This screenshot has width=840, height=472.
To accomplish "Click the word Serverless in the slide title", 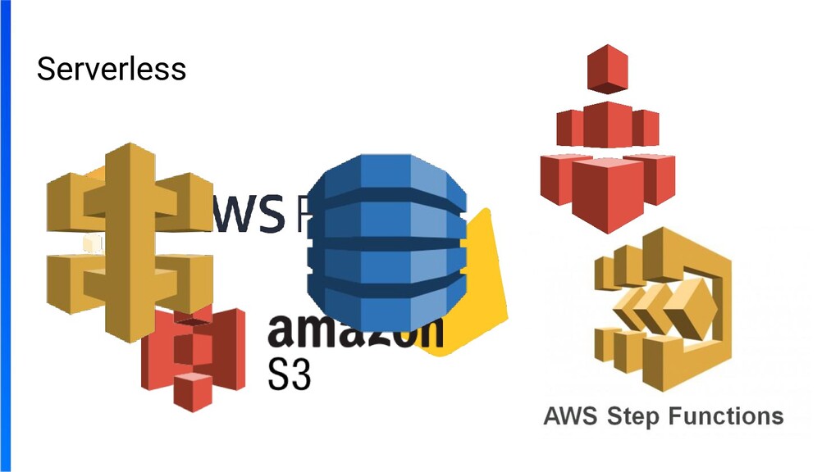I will (112, 69).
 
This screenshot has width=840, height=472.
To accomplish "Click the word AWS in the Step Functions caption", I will (569, 415).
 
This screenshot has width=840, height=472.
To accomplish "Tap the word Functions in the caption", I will (726, 415).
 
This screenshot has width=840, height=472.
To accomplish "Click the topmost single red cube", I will (608, 70).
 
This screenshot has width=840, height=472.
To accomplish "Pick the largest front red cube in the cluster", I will (607, 193).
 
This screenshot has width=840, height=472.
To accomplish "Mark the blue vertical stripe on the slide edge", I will (6, 236).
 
